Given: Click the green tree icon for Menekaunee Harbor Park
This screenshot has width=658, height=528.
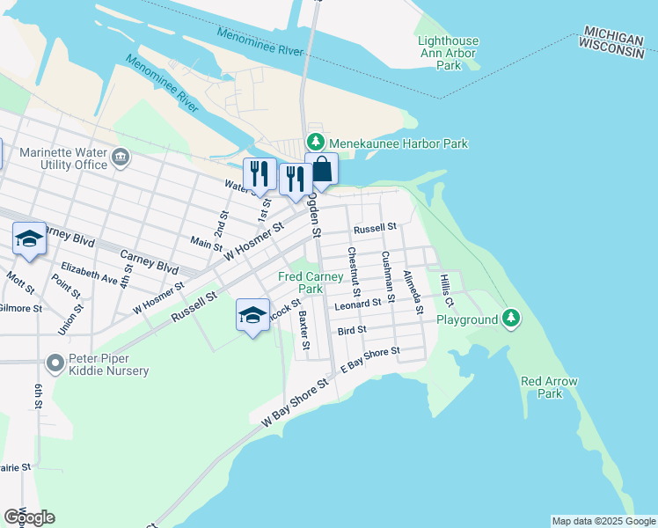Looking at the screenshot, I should tap(315, 143).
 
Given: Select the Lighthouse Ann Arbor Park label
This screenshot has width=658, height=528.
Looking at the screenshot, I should tap(448, 53).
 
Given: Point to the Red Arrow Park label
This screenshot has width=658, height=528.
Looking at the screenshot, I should tap(549, 387).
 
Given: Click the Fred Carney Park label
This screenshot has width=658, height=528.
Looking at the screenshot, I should tap(311, 282).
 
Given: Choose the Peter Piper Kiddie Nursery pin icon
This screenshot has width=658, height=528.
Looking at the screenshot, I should tap(55, 363).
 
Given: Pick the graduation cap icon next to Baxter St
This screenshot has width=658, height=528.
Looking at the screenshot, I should tap(252, 316).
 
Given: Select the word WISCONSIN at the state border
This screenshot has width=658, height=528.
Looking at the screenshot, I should tap(612, 53).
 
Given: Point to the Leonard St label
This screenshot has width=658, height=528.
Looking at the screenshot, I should tap(357, 303).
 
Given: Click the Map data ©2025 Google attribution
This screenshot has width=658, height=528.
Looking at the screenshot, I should tap(603, 521).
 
